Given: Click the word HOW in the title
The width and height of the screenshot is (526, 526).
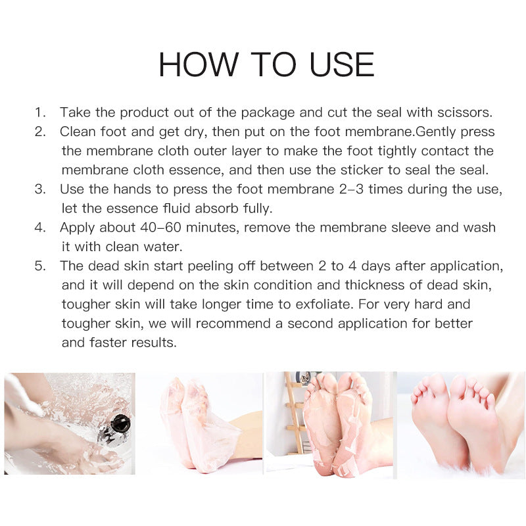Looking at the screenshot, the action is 199,64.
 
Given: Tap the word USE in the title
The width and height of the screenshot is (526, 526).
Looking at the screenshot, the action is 341,64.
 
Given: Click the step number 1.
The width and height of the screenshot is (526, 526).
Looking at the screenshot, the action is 40,112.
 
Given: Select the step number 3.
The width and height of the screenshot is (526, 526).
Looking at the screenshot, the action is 40,189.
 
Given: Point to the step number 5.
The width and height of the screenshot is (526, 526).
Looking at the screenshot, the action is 40,266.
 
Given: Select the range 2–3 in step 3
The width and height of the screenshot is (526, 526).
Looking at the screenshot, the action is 351,189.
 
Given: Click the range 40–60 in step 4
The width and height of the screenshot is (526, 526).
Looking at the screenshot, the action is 160,227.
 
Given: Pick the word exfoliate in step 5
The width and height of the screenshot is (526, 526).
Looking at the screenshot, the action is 323,304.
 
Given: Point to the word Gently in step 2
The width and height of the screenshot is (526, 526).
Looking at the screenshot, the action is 435,132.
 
